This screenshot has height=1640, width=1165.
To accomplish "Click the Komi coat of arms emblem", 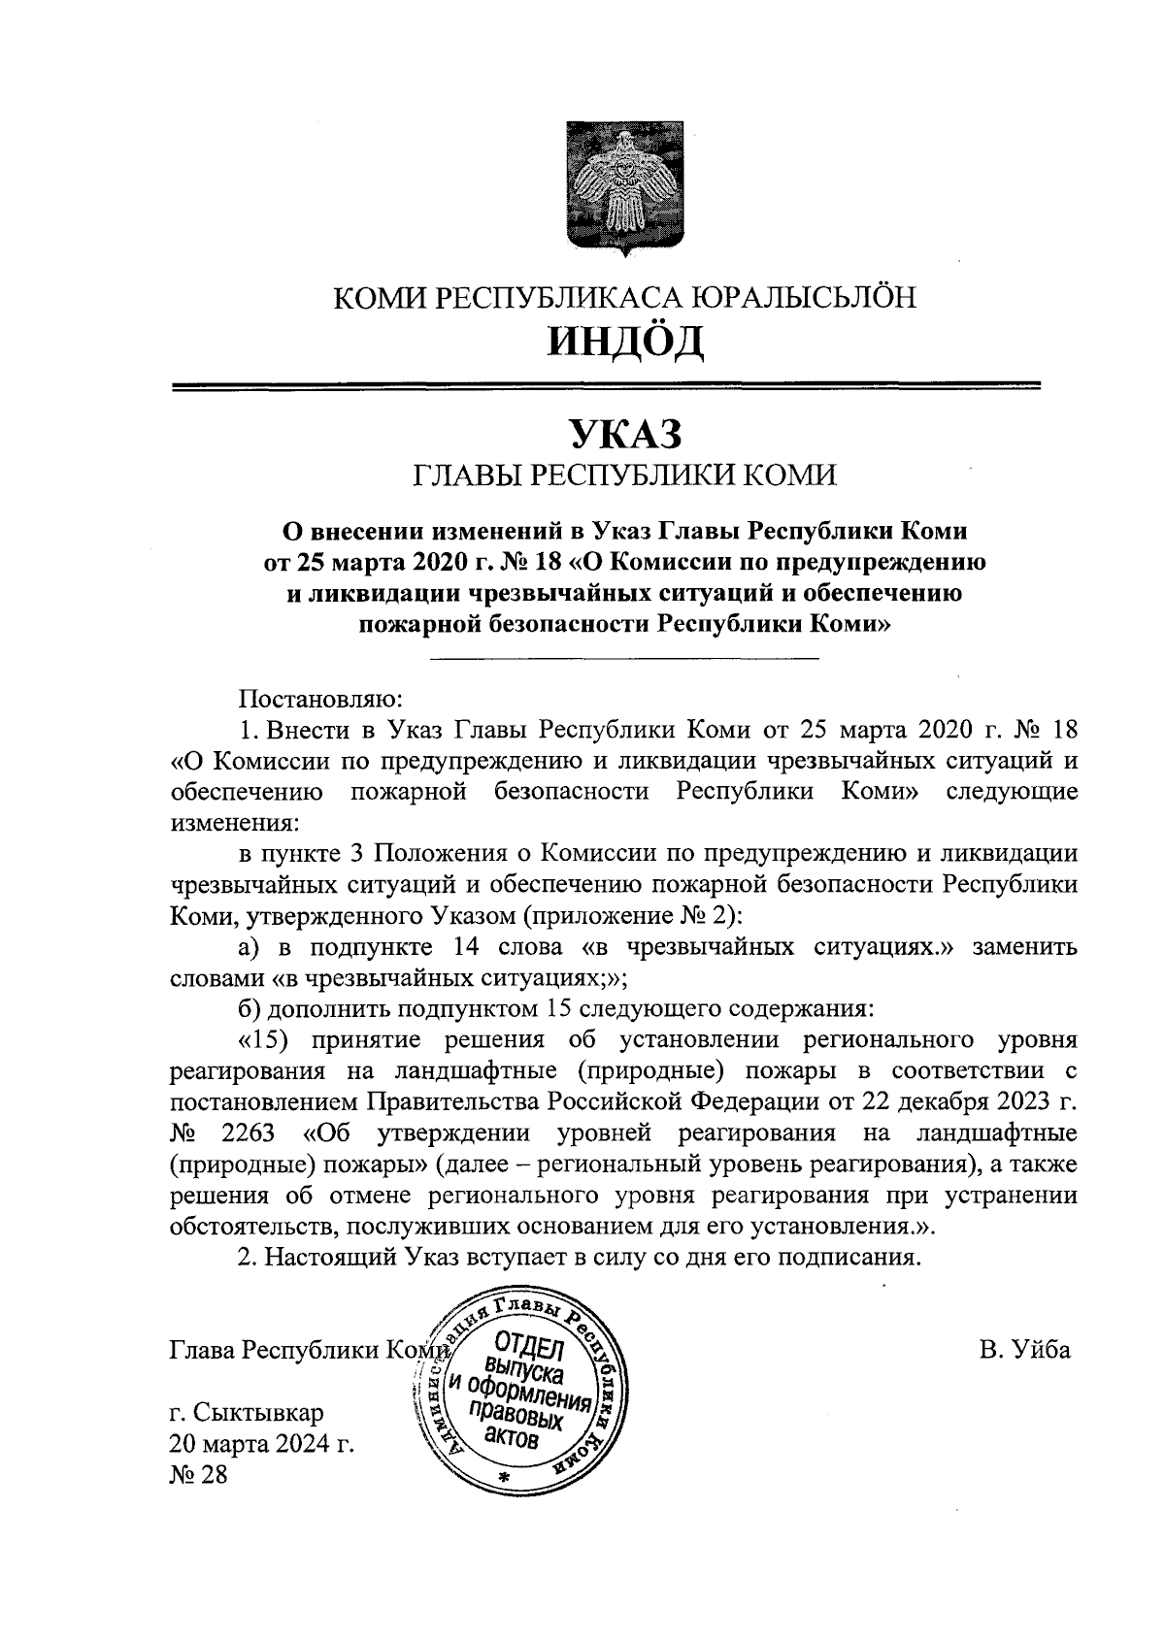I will click(x=624, y=188).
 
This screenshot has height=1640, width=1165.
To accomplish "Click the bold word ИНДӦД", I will click(x=624, y=341).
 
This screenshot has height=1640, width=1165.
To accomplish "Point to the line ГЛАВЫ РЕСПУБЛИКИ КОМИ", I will click(x=624, y=476).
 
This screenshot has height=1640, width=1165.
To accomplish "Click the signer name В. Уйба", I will click(x=1025, y=1349).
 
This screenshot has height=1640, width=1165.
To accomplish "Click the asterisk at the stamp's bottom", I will click(x=503, y=1477).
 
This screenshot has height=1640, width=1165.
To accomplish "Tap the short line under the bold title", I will click(x=624, y=660).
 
